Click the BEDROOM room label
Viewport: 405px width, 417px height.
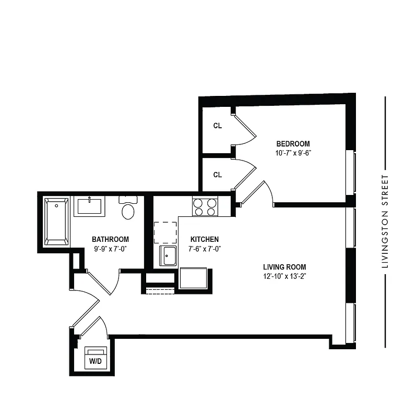coord(293,144)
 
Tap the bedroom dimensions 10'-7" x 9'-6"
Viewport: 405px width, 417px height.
coord(293,153)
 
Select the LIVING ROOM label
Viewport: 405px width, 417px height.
coord(284,267)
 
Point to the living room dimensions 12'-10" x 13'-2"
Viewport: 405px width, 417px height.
coord(284,277)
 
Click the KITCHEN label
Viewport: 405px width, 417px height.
coord(204,239)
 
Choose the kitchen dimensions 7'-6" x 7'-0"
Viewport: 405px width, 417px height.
coord(204,249)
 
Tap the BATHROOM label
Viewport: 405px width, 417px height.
coord(110,239)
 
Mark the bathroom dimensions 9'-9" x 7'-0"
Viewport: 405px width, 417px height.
coord(110,249)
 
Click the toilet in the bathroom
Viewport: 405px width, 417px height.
coord(127,208)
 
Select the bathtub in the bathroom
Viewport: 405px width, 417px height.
coord(56,221)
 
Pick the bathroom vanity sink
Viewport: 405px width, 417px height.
coord(90,206)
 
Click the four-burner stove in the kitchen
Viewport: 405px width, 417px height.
coord(205,207)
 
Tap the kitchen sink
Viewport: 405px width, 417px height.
coord(168,255)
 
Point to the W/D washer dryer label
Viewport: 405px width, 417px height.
coord(95,361)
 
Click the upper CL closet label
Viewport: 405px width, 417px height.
coord(218,126)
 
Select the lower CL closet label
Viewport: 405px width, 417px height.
coord(218,175)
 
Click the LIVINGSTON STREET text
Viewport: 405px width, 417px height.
coord(385,222)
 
